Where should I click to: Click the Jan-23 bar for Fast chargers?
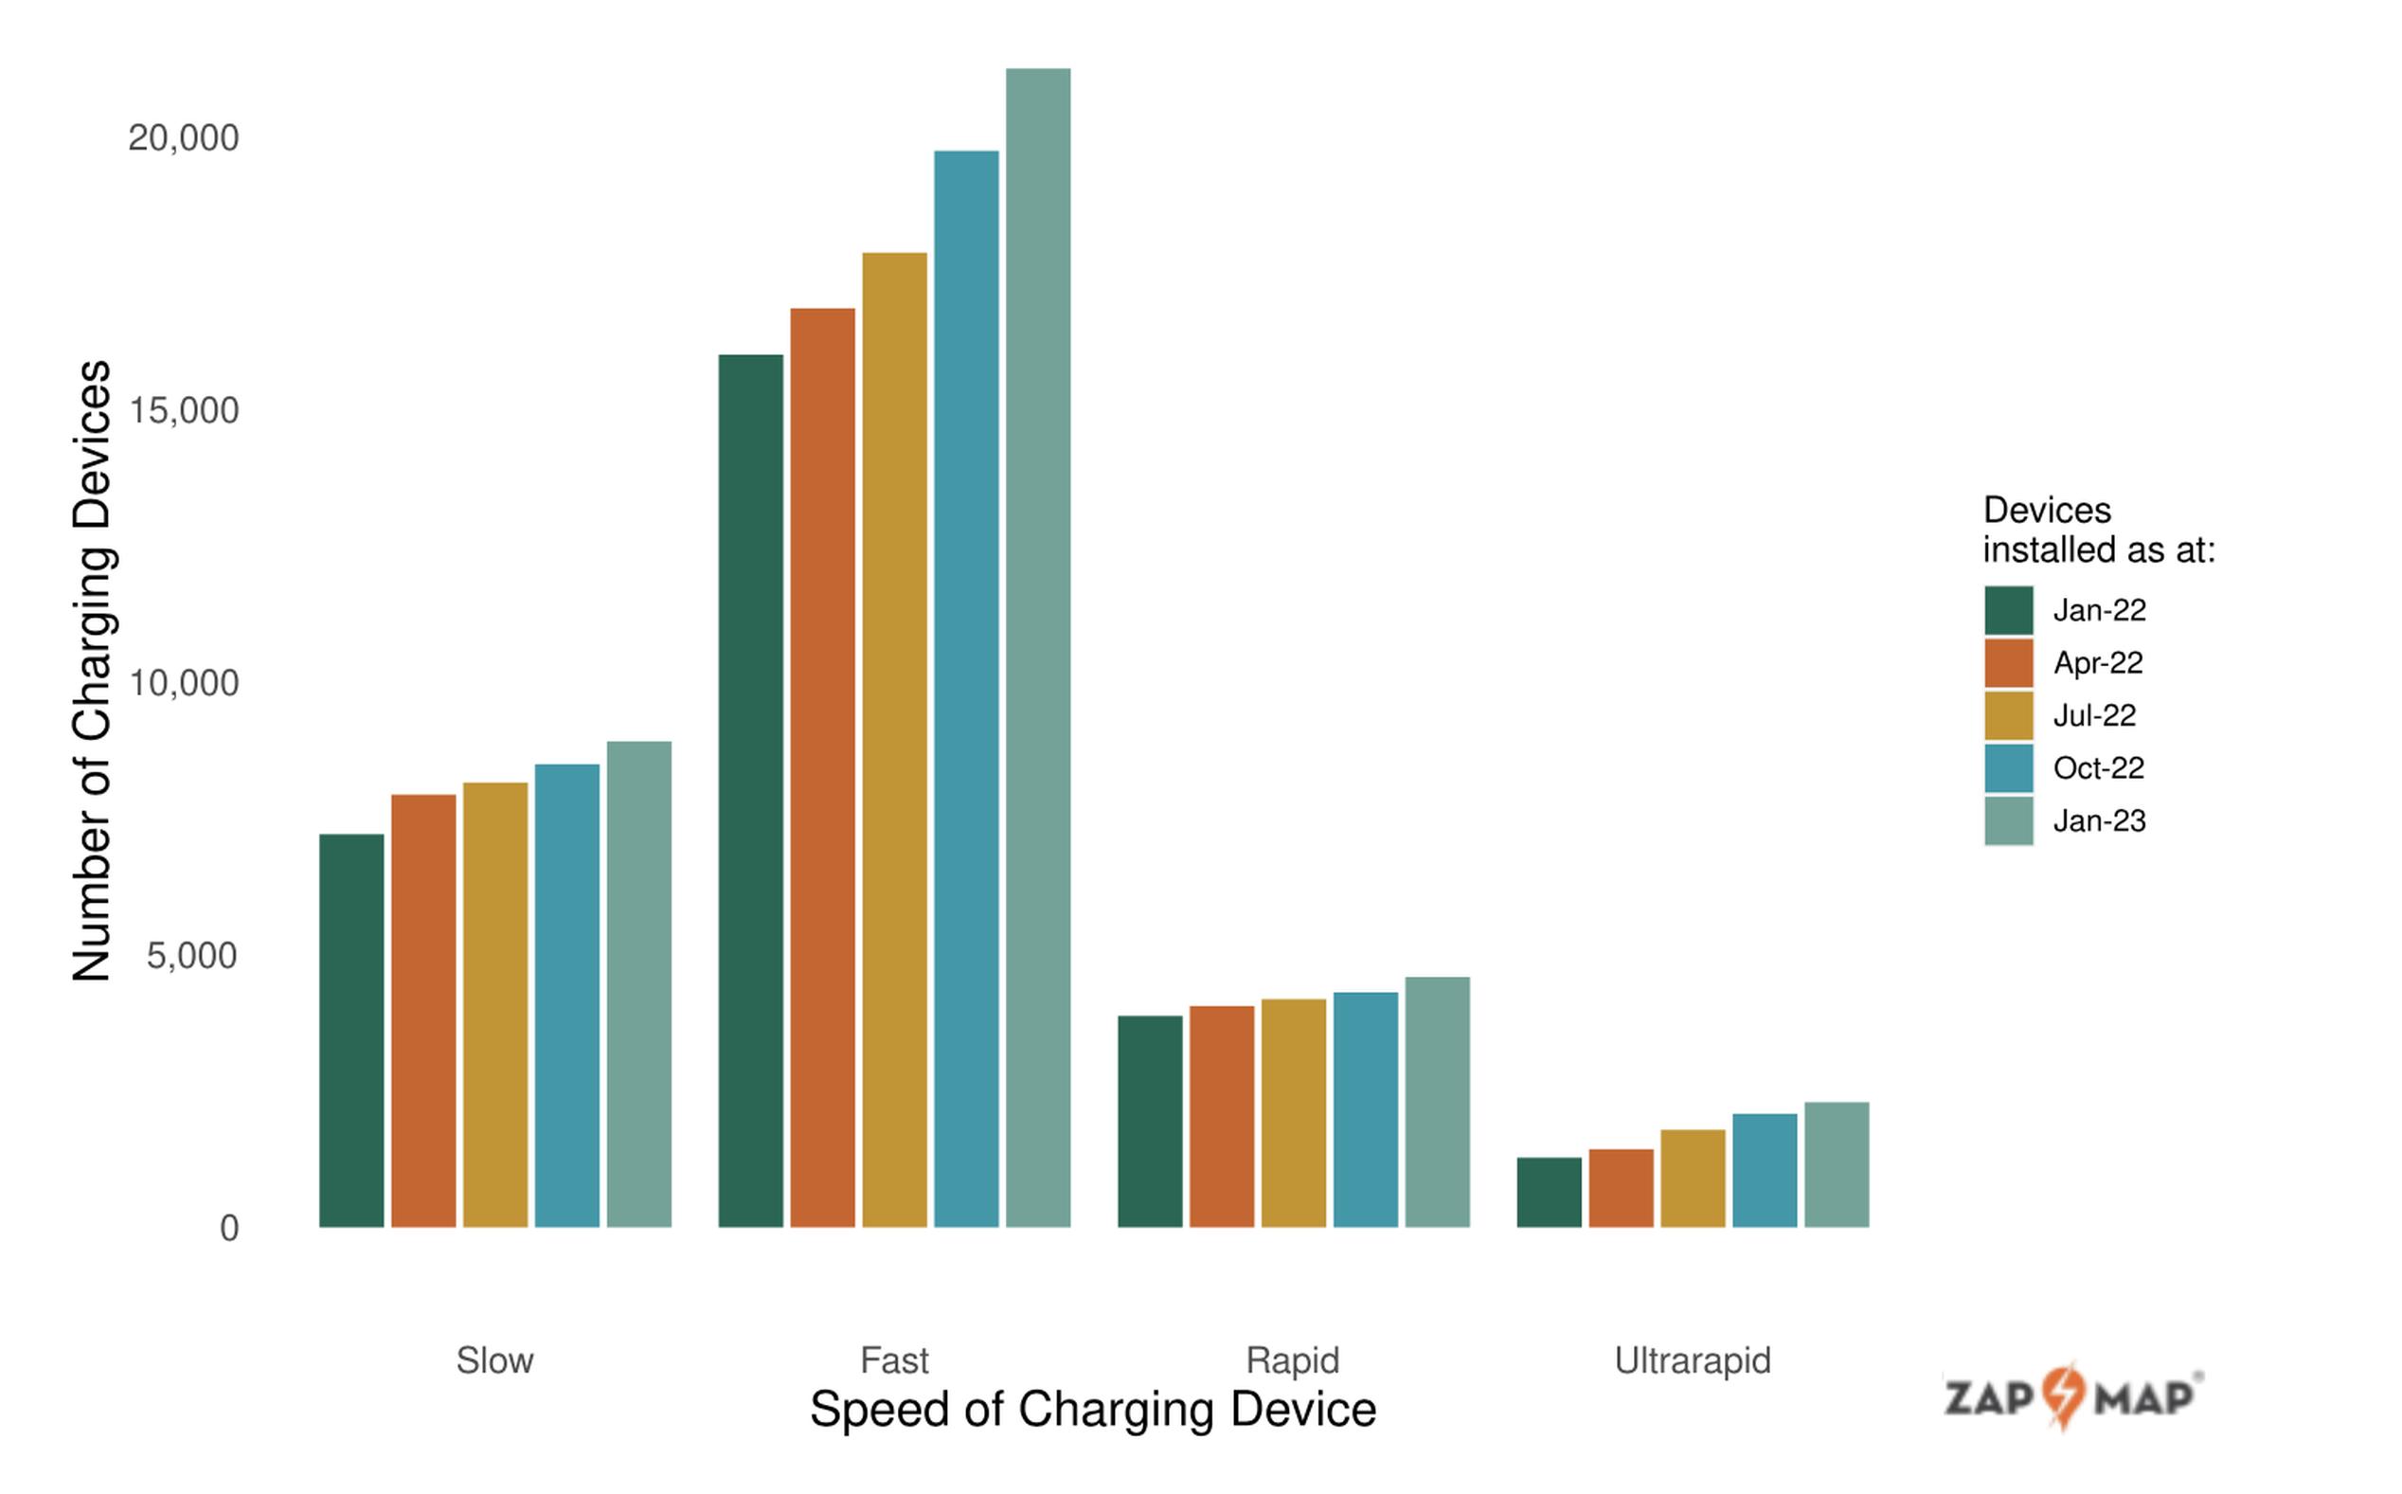[1037, 647]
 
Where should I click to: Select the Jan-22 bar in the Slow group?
[351, 1030]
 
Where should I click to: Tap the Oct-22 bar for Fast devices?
[966, 689]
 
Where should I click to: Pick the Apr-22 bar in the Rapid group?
[1221, 1116]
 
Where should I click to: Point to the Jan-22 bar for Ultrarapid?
[1549, 1192]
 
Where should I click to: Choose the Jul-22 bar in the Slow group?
[494, 1004]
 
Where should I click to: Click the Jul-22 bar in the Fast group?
[894, 739]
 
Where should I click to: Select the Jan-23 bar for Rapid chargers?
[1437, 1102]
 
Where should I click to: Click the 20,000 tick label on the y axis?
[184, 138]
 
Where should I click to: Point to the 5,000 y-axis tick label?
[191, 956]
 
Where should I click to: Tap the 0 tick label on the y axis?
[229, 1228]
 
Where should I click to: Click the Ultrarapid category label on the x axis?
[1692, 1360]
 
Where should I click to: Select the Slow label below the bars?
[494, 1360]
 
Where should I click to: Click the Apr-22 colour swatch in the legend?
[2008, 663]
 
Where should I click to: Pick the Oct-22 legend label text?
[2098, 767]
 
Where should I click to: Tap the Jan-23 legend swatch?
[2008, 821]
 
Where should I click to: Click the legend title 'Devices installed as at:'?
[2098, 530]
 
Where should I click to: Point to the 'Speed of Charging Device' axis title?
[1092, 1409]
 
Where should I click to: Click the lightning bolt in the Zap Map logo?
[2063, 1395]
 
